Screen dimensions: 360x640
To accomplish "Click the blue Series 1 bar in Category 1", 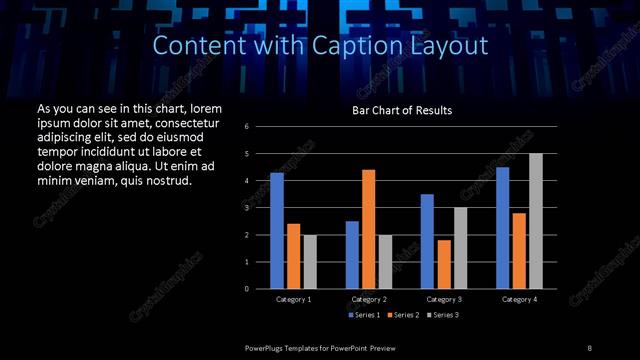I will coord(277,231).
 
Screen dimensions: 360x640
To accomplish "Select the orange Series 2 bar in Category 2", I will coord(368,229).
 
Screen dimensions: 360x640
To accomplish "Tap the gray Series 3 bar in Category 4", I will coord(536,221).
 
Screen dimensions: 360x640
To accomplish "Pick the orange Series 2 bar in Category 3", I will coord(444,264).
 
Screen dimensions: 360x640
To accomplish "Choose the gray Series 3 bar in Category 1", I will coord(310,262).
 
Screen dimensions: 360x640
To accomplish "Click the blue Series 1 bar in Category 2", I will coord(352,255).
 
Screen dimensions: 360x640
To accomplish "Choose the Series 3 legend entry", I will coord(440,315).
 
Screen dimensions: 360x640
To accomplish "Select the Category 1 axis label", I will coord(293,299).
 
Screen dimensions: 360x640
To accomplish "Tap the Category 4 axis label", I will coord(519,299).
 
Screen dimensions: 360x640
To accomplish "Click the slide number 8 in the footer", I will coord(589,346).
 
